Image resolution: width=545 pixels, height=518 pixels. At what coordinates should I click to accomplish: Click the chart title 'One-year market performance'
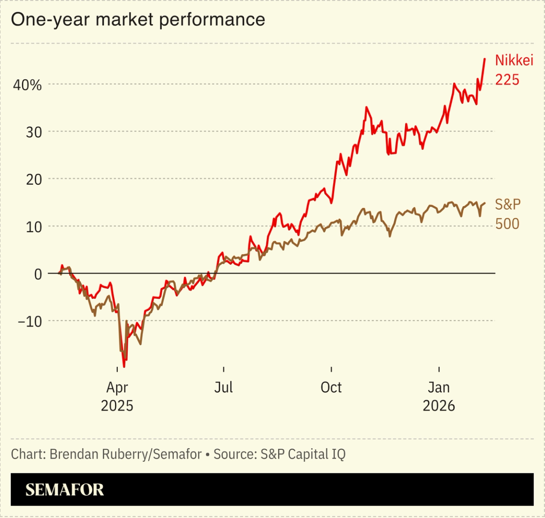point(138,19)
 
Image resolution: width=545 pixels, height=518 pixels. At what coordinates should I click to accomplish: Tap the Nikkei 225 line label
point(514,70)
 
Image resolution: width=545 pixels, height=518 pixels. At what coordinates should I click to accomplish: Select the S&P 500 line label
point(508,214)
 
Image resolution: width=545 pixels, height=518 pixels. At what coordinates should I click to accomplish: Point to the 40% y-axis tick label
point(27,85)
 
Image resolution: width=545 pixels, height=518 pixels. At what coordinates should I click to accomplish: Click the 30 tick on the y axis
point(34,132)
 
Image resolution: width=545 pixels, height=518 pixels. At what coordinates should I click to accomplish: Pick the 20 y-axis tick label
point(34,179)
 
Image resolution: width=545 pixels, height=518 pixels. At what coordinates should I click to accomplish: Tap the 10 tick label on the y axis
point(34,226)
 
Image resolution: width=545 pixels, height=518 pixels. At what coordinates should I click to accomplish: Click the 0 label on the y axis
point(38,274)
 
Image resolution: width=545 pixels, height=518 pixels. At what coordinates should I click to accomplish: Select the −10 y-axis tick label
point(30,321)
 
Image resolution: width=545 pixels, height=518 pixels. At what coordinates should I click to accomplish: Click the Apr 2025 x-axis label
point(117,396)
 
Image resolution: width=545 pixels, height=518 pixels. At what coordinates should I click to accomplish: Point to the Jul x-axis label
point(223,388)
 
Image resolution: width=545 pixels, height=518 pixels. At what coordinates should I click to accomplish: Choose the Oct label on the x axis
point(331,388)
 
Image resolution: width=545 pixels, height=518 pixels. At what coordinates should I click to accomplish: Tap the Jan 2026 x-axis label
point(439,396)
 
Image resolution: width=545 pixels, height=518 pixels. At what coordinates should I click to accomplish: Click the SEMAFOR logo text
point(64,490)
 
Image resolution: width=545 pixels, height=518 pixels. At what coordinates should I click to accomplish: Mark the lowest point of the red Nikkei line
point(124,366)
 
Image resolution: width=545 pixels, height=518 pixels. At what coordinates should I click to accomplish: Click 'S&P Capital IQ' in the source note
point(303,454)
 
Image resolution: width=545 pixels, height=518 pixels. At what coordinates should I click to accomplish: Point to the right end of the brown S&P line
point(485,203)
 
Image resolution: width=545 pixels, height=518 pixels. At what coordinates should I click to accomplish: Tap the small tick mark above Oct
point(331,369)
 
